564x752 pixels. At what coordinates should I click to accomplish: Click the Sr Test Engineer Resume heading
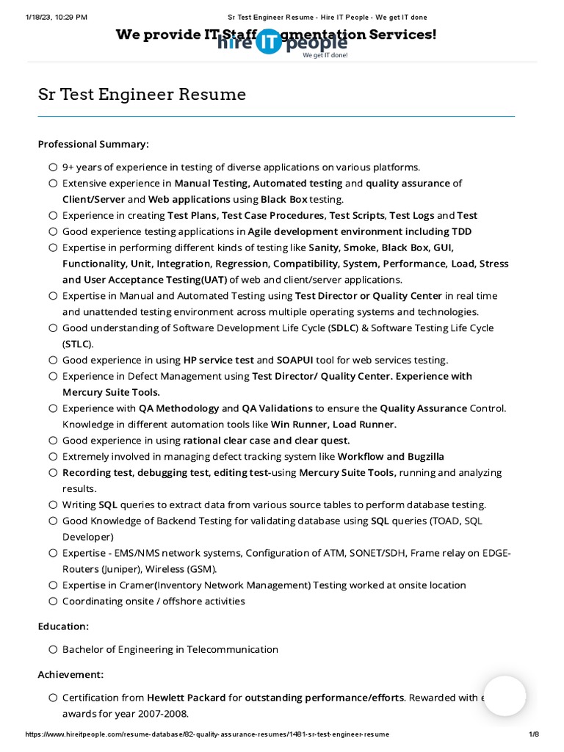[x=142, y=95]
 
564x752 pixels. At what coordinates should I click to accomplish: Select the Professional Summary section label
[x=93, y=144]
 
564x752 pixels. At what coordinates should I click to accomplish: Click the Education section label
[x=64, y=626]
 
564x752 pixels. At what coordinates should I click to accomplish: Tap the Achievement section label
[x=71, y=674]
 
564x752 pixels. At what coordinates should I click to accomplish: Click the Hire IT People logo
[x=282, y=44]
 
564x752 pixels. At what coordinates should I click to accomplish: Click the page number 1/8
[x=534, y=734]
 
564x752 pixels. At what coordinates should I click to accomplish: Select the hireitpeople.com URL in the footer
[x=207, y=734]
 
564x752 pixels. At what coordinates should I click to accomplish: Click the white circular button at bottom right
[x=505, y=696]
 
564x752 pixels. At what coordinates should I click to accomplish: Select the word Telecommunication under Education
[x=233, y=649]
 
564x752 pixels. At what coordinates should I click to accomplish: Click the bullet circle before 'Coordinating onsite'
[x=53, y=601]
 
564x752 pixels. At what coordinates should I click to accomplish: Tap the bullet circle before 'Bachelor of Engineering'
[x=53, y=650]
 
